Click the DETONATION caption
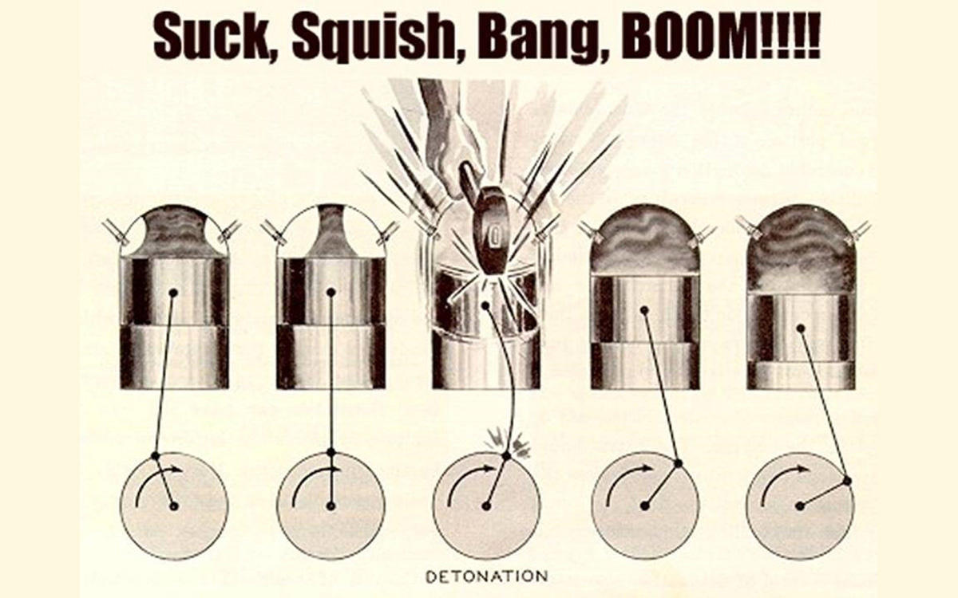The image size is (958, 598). coord(487,576)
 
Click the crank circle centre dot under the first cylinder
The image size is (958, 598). coord(174,506)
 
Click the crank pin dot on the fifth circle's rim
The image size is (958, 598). coord(847,481)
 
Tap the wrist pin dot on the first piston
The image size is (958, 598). coord(173,293)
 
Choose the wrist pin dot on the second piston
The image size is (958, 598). coord(331,292)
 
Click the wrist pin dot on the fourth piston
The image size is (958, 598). coord(644,310)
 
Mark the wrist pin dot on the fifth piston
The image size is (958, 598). coord(801,328)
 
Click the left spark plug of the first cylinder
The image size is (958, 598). coord(116,233)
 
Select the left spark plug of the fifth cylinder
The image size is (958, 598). coord(749,229)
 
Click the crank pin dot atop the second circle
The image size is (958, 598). coord(331,452)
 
